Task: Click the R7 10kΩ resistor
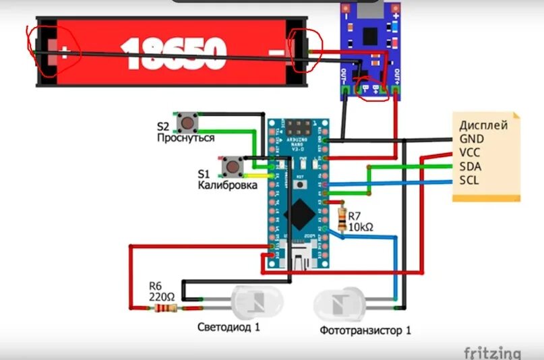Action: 342,218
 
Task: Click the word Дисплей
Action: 483,125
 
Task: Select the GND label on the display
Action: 472,139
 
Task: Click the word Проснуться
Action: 185,138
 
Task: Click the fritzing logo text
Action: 492,353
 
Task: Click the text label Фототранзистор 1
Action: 365,330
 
